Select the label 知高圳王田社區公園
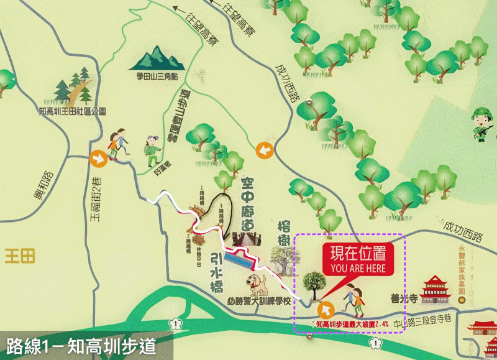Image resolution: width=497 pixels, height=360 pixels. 72,111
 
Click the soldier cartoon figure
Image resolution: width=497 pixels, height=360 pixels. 482,122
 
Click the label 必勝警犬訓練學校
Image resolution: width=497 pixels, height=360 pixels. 259,302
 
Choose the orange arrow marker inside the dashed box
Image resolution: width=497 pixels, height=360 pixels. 324,309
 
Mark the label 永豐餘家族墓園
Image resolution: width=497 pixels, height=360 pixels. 462,268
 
